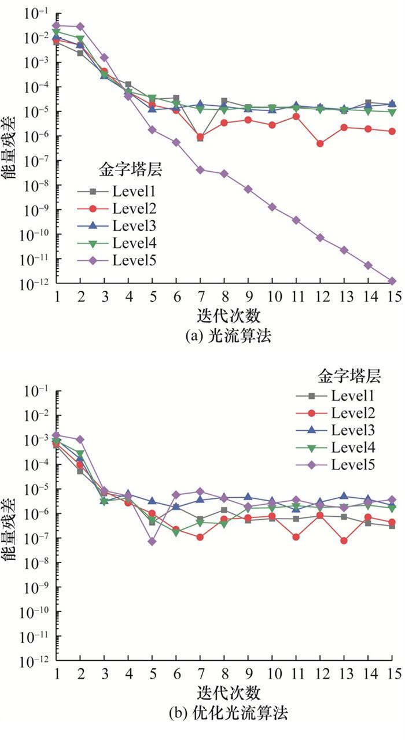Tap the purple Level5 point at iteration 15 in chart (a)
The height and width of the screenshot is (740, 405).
[392, 281]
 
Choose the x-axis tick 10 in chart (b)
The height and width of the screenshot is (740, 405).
[272, 674]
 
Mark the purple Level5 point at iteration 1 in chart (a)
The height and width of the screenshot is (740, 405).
[56, 25]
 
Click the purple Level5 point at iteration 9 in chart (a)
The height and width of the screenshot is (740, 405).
[248, 189]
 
